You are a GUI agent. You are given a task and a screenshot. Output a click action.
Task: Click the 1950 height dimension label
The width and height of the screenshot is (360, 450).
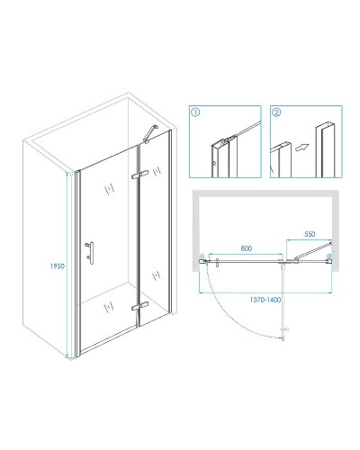tap(58, 266)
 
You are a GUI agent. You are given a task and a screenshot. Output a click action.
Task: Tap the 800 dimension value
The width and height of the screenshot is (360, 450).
tap(247, 248)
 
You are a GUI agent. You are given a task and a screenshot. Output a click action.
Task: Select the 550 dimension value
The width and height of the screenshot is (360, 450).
tap(310, 234)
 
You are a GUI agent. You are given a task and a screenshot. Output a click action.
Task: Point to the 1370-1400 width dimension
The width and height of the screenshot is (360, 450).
tap(265, 300)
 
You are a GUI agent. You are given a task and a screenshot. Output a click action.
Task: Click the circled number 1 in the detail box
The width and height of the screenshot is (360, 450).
tap(195, 112)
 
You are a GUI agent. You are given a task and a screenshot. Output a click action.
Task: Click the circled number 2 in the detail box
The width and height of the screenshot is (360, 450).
tap(276, 112)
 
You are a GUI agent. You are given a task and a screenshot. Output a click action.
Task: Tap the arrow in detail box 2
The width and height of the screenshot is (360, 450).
tap(302, 147)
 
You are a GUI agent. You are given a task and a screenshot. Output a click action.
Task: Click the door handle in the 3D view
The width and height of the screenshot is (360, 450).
tap(90, 253)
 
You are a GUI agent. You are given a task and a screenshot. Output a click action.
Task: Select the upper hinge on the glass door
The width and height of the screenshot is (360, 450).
tap(139, 175)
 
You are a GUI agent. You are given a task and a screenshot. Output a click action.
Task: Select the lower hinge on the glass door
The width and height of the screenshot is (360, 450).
tap(139, 306)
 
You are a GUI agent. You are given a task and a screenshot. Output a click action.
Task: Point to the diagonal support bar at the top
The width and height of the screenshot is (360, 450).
tap(150, 134)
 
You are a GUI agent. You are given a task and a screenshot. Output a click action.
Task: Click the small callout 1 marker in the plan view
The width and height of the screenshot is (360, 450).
tap(202, 256)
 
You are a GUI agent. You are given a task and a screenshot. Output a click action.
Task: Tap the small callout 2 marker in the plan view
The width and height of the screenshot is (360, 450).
tap(329, 256)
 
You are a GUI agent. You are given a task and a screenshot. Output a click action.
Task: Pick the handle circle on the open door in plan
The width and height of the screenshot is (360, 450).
tap(287, 329)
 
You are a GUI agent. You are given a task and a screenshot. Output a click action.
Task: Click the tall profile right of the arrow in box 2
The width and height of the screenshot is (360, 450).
tap(325, 150)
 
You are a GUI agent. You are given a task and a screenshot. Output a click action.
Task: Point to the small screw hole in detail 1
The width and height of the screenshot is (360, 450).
tap(214, 164)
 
